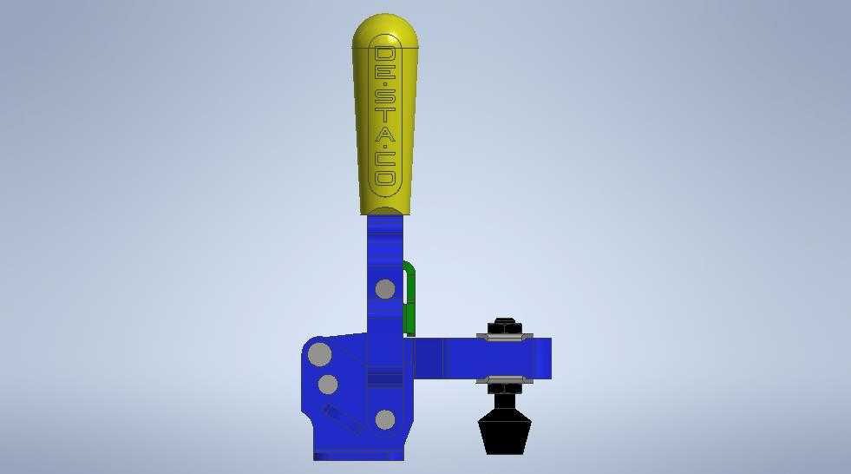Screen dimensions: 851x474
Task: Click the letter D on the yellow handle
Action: (385, 54)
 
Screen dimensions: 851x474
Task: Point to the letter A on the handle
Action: (385, 133)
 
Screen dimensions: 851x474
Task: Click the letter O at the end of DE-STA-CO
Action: (385, 178)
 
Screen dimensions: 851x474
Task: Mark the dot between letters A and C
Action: (385, 147)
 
